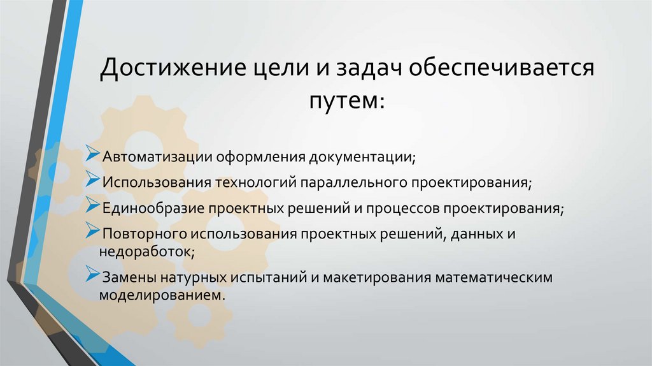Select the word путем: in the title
click(347, 100)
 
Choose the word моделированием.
click(162, 295)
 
